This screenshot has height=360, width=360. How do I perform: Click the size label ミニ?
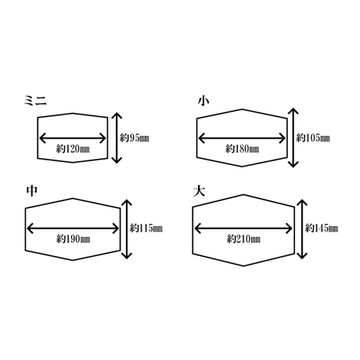click(35, 100)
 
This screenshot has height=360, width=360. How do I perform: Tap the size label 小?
click(203, 101)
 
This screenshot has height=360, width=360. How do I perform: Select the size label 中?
click(32, 191)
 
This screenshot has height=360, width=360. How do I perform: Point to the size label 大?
click(199, 191)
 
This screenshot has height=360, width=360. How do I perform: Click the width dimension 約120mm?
click(73, 149)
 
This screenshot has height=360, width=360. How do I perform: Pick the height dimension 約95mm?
click(135, 138)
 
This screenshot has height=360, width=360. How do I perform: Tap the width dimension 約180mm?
click(242, 149)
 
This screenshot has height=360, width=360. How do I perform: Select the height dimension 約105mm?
click(313, 138)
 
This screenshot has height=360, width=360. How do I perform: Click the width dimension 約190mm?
click(73, 239)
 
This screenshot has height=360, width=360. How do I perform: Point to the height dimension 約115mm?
click(146, 229)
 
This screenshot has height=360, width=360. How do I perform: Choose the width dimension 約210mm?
click(243, 239)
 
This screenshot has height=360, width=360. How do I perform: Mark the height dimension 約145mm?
click(322, 229)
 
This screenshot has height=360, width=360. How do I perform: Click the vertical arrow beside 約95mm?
click(117, 138)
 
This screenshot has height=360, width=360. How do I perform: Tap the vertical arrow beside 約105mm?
click(293, 138)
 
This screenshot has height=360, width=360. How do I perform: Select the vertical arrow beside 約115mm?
click(127, 229)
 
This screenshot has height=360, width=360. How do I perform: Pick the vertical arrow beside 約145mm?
click(302, 229)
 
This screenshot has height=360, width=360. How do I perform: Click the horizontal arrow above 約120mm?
click(73, 138)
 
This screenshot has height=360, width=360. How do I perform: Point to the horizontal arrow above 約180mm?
click(242, 138)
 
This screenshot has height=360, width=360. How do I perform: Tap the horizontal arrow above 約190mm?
click(73, 229)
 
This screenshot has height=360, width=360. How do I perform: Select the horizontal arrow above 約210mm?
click(243, 229)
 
